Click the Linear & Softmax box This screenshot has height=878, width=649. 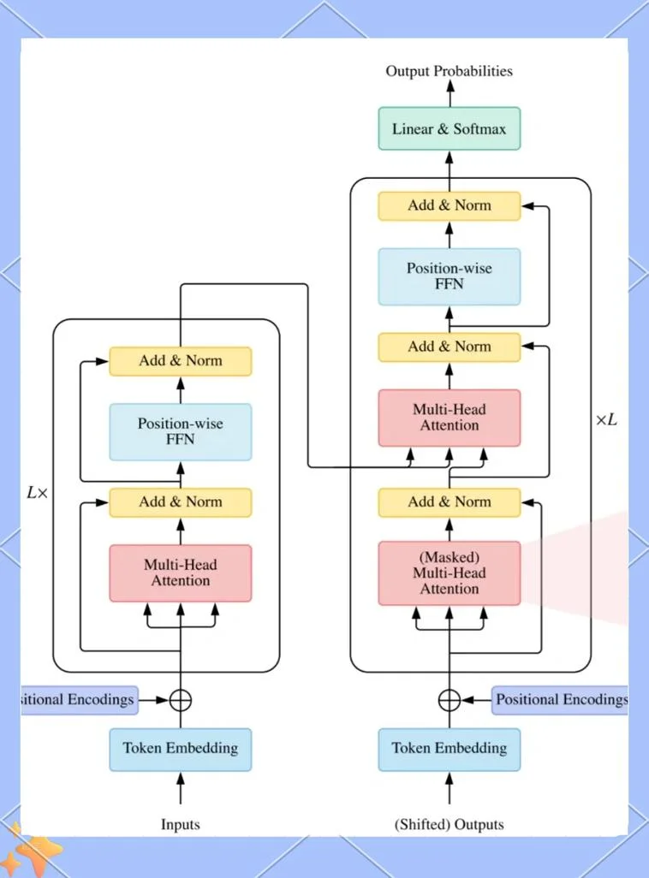(449, 128)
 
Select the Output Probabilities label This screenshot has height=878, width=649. (449, 71)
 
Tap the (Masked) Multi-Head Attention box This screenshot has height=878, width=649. (449, 572)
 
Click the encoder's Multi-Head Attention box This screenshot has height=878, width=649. (181, 572)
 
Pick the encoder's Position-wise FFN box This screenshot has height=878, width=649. (181, 431)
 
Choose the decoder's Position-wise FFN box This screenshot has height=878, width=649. (449, 276)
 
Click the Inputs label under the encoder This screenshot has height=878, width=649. (181, 824)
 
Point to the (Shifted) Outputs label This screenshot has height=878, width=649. (449, 824)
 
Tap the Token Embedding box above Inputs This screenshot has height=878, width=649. (181, 750)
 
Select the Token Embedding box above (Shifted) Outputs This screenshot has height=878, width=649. (449, 750)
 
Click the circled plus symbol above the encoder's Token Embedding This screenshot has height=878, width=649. (181, 700)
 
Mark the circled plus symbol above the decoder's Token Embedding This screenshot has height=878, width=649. (449, 700)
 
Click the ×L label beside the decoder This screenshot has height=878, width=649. (606, 419)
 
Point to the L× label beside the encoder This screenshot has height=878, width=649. (38, 493)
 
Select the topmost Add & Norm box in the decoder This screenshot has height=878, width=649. (449, 205)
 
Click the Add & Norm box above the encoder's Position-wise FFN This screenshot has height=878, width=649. (181, 361)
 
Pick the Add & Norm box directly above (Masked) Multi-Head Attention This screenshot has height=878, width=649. (449, 502)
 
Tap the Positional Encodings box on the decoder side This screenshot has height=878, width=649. (559, 700)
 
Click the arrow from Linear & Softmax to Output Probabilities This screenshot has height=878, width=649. (450, 93)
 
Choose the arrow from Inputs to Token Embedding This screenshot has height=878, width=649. (181, 787)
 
